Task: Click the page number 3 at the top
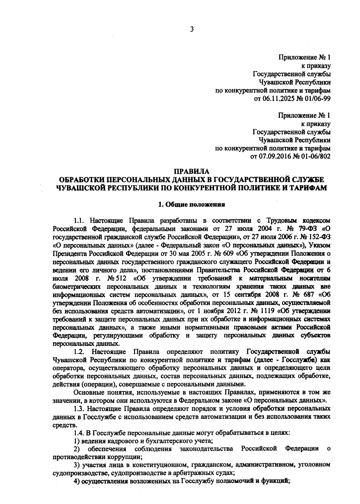tap(192, 29)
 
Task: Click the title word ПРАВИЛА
tap(191, 172)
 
